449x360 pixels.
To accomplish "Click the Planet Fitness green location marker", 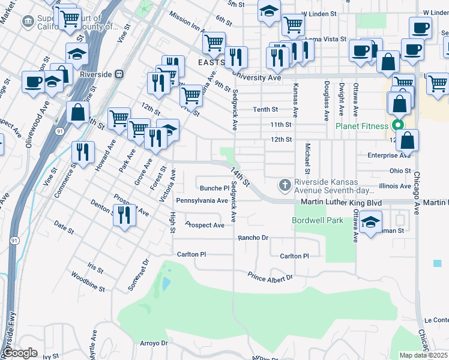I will (x=397, y=126).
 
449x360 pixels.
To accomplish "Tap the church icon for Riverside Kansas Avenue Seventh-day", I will (x=285, y=183).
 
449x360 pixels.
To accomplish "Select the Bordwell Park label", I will (x=318, y=220).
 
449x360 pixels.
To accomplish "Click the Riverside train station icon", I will (x=119, y=74).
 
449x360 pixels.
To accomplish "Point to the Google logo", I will (x=20, y=353).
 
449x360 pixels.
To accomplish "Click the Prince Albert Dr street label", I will (x=270, y=276).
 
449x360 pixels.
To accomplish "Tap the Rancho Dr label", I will (x=253, y=238).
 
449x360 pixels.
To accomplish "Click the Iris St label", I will (x=95, y=266).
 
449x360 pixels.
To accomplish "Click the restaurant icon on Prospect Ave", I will (x=124, y=215).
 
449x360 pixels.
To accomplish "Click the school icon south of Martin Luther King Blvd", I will (x=371, y=221).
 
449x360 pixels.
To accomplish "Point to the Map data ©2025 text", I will (x=424, y=355).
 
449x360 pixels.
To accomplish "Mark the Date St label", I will (x=63, y=227).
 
